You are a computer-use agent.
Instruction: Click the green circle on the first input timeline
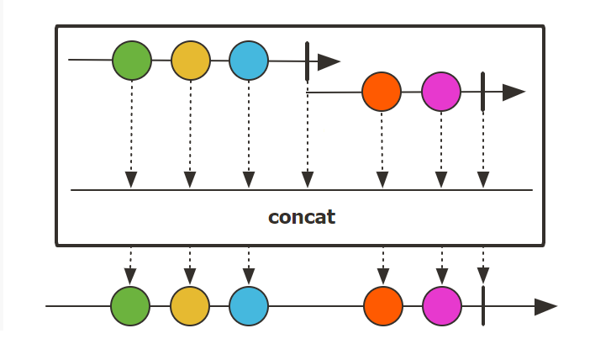pos(132,61)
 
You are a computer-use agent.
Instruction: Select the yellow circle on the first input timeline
pos(191,61)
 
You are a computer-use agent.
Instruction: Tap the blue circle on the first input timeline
pos(249,61)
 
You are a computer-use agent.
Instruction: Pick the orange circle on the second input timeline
pos(382,93)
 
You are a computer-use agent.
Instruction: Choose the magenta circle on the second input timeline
pos(441,93)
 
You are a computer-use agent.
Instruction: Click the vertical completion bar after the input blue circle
pos(308,61)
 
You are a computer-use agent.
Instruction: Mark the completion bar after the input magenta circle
pos(483,92)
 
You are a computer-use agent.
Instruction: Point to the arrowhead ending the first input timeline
pos(329,61)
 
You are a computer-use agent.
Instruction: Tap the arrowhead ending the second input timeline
pos(514,93)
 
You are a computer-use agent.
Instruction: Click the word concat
pos(302,217)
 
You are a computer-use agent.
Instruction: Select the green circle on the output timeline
pos(131,306)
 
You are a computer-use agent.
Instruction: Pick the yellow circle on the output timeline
pos(190,306)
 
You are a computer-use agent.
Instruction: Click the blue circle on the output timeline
pos(249,306)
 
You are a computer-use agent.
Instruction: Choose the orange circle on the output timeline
pos(383,306)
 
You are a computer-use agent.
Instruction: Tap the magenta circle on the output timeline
pos(442,306)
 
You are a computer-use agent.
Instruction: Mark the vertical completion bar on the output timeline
pos(483,306)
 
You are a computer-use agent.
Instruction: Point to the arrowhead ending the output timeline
pos(545,306)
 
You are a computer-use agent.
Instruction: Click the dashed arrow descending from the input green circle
pos(131,135)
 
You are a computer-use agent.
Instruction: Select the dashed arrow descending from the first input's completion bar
pos(308,135)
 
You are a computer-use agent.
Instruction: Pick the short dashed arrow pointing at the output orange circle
pos(383,267)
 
